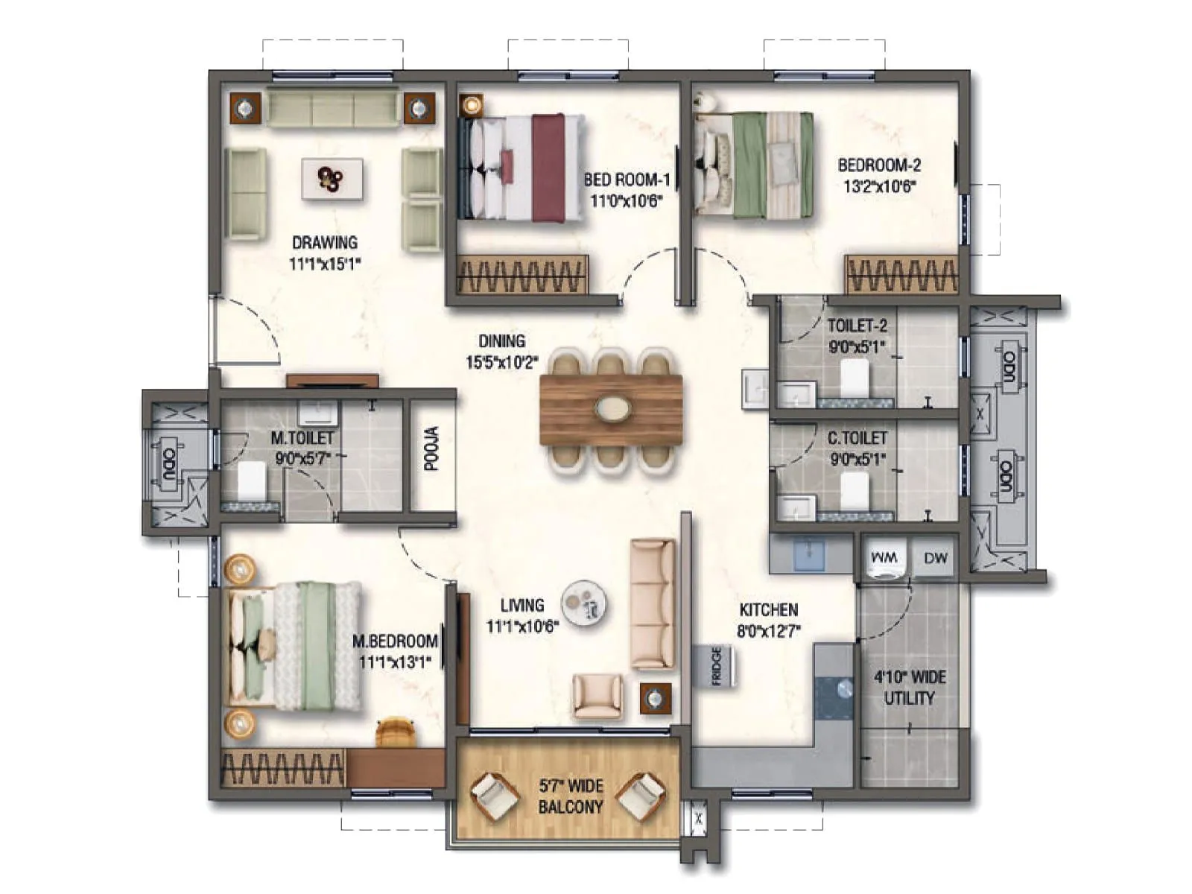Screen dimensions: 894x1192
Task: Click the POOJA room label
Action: pos(431,448)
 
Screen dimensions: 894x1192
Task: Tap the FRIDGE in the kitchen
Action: pos(714,665)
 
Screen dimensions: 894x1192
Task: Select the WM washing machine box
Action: pos(884,558)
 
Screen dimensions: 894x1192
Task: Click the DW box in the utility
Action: pos(935,558)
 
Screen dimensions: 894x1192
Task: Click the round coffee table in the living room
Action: pos(583,603)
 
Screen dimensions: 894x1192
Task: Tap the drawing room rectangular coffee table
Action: pos(332,179)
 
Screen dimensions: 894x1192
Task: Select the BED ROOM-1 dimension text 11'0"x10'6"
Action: pos(626,200)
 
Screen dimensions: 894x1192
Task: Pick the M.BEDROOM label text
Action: pos(395,641)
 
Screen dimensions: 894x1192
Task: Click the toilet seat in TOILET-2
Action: pos(854,378)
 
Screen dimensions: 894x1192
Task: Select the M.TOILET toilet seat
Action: pos(252,481)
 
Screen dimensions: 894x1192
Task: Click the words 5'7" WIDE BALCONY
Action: pos(571,796)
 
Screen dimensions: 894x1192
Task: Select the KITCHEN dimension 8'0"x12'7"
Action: pos(769,631)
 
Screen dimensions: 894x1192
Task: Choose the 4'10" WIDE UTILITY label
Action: pos(909,688)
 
